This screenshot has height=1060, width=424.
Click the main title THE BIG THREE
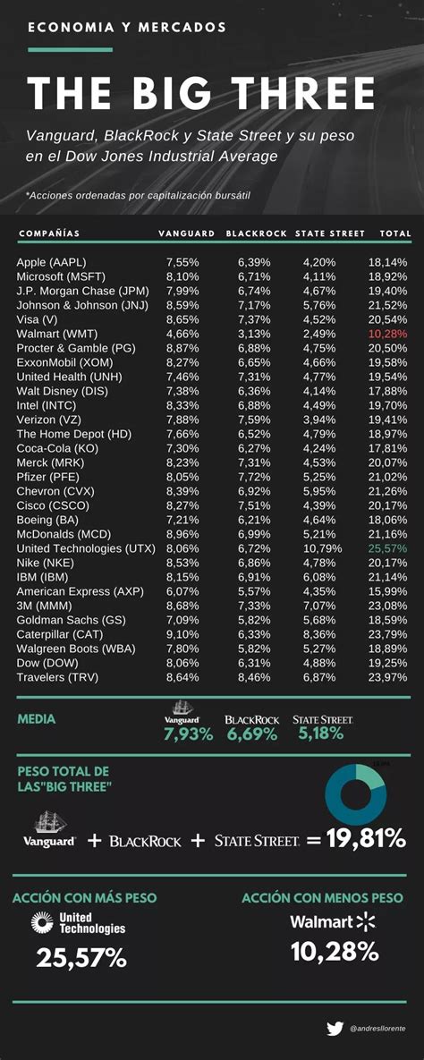click(x=201, y=94)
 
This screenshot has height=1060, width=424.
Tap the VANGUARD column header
click(x=186, y=233)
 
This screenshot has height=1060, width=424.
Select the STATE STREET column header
click(x=330, y=233)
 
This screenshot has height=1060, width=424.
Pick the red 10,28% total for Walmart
click(x=387, y=334)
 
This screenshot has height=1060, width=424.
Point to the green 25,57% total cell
click(x=387, y=547)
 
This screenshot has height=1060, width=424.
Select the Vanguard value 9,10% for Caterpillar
click(x=183, y=633)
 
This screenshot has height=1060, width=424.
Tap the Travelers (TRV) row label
click(x=58, y=676)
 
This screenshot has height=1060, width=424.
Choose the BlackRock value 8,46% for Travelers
click(x=255, y=676)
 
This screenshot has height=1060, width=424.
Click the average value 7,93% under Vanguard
click(x=188, y=734)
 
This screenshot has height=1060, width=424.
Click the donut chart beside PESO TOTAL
click(x=355, y=794)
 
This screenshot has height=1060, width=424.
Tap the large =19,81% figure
click(x=356, y=839)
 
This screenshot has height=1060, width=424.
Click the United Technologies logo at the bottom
click(x=79, y=923)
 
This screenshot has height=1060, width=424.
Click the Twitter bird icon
click(x=335, y=1029)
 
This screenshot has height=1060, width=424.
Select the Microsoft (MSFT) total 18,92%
click(x=387, y=276)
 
